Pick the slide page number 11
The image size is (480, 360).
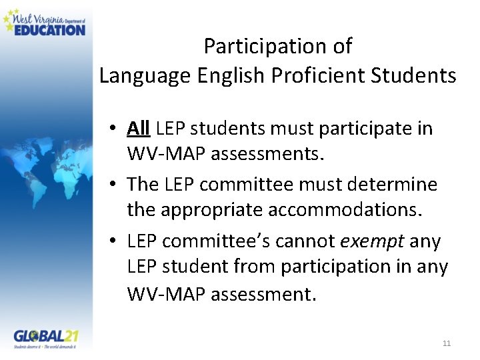click(x=447, y=343)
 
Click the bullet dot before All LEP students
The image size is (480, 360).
click(x=115, y=129)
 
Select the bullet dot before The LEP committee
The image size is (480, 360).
click(x=115, y=185)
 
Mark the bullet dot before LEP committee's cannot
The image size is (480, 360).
click(x=115, y=241)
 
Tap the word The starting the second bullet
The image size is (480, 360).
click(x=142, y=184)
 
